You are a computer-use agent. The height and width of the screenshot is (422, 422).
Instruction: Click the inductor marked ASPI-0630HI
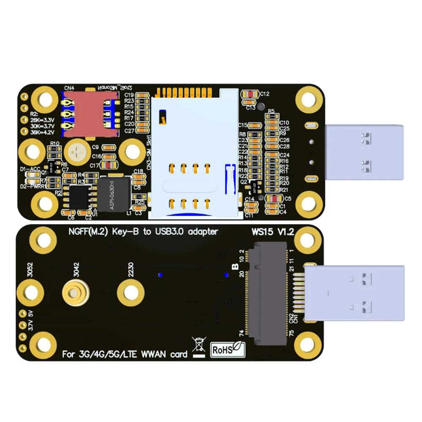pyautogui.click(x=113, y=194)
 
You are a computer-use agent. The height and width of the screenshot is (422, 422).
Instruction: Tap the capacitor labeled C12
pyautogui.click(x=252, y=94)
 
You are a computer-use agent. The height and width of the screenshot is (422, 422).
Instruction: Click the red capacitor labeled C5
pyautogui.click(x=275, y=198)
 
